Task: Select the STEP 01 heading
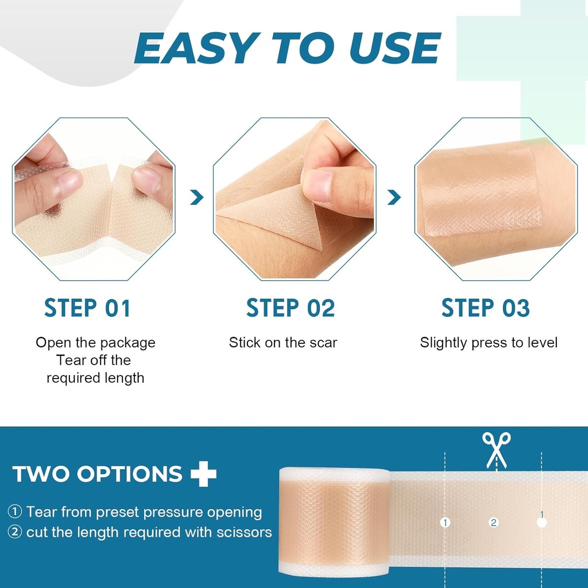pos(87,308)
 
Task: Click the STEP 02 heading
pos(290,308)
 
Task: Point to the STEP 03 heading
pos(485,308)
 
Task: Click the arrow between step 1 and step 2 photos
pos(197,198)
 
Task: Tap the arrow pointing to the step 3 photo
pos(394,198)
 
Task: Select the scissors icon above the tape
pos(496,450)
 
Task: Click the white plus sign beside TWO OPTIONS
pos(204,474)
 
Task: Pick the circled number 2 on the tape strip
pos(493,523)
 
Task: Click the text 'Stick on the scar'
pos(283,343)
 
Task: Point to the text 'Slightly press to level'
pos(489,343)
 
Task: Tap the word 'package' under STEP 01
pos(127,343)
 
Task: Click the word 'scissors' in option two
pos(243,532)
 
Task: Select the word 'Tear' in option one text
pos(42,512)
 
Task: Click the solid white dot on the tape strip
pos(541,523)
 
